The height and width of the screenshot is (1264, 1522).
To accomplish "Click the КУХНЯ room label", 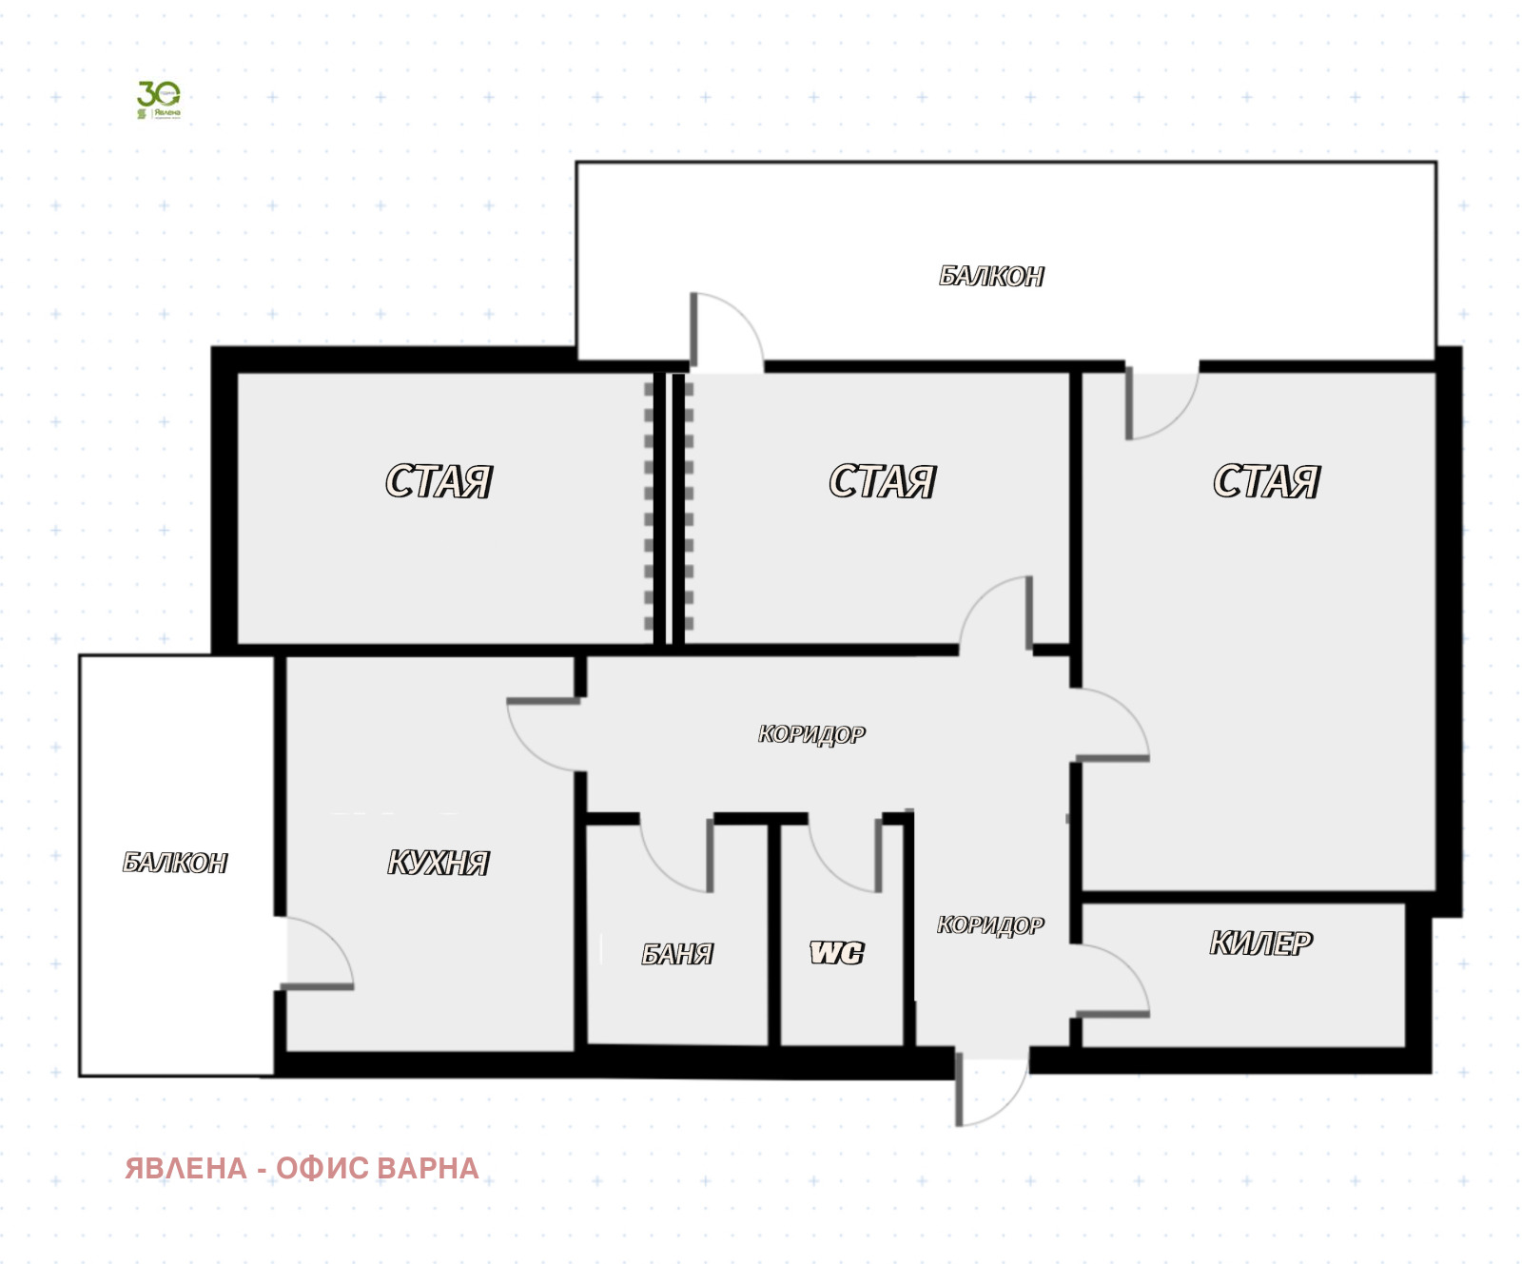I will click(439, 863).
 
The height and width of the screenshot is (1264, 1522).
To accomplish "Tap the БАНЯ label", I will click(677, 954).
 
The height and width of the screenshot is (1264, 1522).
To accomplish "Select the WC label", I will click(837, 953).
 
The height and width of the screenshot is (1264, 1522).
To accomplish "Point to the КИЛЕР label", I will click(1260, 943).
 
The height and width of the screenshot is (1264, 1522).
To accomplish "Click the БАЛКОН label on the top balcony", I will click(991, 277).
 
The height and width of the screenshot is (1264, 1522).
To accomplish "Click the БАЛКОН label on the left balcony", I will click(175, 863).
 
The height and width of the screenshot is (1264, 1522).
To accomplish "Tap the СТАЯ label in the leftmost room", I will click(439, 482).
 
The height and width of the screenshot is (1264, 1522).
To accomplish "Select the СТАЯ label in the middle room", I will click(882, 482).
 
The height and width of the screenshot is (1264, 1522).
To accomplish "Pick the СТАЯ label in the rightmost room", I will click(1266, 482).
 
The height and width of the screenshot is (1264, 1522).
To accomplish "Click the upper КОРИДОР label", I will click(811, 734).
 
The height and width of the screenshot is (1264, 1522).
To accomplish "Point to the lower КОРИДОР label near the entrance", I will click(990, 925).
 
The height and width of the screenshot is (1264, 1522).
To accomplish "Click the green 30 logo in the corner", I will click(158, 99).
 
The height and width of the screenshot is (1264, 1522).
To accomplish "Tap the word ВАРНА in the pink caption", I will click(426, 1168).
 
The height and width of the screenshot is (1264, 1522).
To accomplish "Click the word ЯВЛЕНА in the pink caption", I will click(185, 1168).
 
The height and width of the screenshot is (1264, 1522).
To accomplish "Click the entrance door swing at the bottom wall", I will click(989, 1089).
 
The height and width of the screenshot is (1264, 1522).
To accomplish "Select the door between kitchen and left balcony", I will click(317, 953).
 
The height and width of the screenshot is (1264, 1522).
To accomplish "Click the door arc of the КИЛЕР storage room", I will click(1113, 980).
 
